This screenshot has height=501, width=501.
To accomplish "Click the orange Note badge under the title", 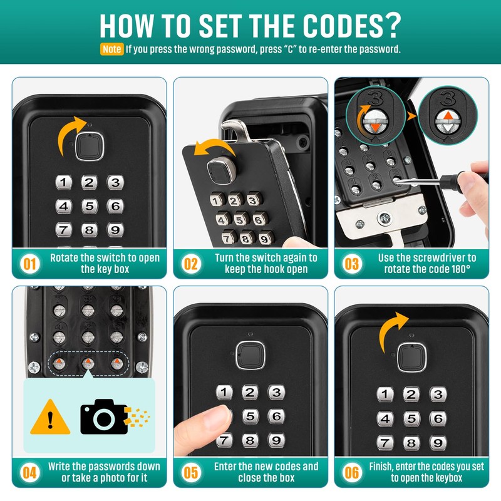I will [x=111, y=49].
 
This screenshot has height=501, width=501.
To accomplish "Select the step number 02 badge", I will [x=190, y=263].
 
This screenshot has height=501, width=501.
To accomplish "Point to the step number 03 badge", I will [x=352, y=263].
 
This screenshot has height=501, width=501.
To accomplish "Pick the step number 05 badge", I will [x=190, y=473].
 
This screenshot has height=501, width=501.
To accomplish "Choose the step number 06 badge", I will [x=352, y=473].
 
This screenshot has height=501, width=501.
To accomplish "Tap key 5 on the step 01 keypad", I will [x=89, y=206].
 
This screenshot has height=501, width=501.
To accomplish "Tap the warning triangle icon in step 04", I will [x=50, y=416].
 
